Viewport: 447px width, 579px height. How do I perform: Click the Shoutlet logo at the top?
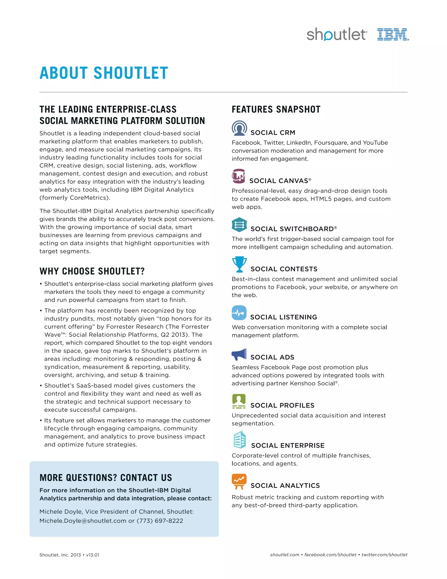tap(337, 35)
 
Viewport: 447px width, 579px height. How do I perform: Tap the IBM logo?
tap(393, 35)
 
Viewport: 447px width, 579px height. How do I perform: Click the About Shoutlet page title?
tap(104, 73)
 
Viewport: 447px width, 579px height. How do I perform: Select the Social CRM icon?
tap(239, 128)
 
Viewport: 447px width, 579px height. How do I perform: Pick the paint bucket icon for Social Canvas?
tap(238, 176)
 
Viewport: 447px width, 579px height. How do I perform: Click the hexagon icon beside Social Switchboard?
tap(239, 225)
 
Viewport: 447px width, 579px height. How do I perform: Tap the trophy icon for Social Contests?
tap(239, 264)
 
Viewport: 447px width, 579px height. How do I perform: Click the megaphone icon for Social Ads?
tap(239, 354)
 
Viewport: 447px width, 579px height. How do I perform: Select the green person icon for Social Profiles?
tap(239, 401)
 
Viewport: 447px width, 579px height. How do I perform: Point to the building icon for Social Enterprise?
tap(240, 440)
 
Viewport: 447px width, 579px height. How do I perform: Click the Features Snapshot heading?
tap(276, 109)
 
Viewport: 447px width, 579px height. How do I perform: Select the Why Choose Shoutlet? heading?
tap(92, 271)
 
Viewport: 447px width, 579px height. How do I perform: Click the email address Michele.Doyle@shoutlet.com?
tap(83, 521)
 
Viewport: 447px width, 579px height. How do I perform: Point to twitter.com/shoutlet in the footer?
tap(385, 555)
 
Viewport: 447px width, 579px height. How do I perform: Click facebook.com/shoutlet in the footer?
tap(330, 555)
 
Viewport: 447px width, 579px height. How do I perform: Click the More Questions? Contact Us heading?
tap(106, 477)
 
